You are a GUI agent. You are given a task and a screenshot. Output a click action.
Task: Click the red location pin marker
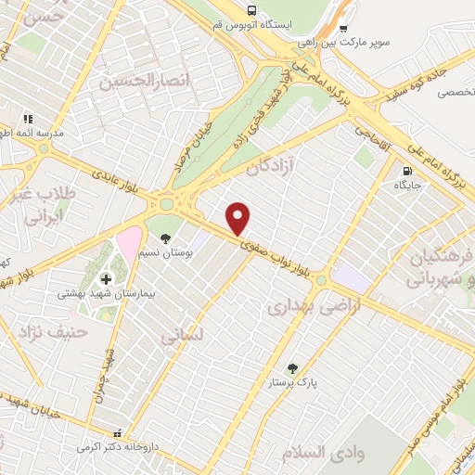[x=238, y=218]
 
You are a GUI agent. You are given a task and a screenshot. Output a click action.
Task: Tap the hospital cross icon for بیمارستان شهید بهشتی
[x=106, y=278]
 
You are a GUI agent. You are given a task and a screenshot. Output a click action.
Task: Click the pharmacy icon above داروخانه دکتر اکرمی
[x=117, y=432]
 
